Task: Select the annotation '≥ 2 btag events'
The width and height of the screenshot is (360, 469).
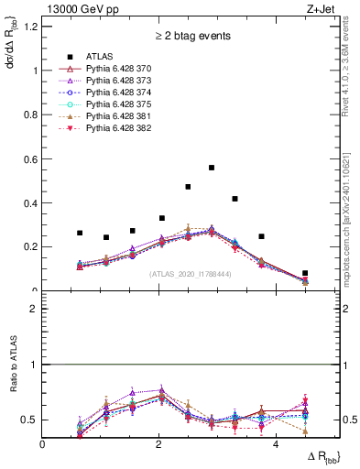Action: [192, 38]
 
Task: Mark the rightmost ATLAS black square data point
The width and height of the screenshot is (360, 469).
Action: [305, 273]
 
